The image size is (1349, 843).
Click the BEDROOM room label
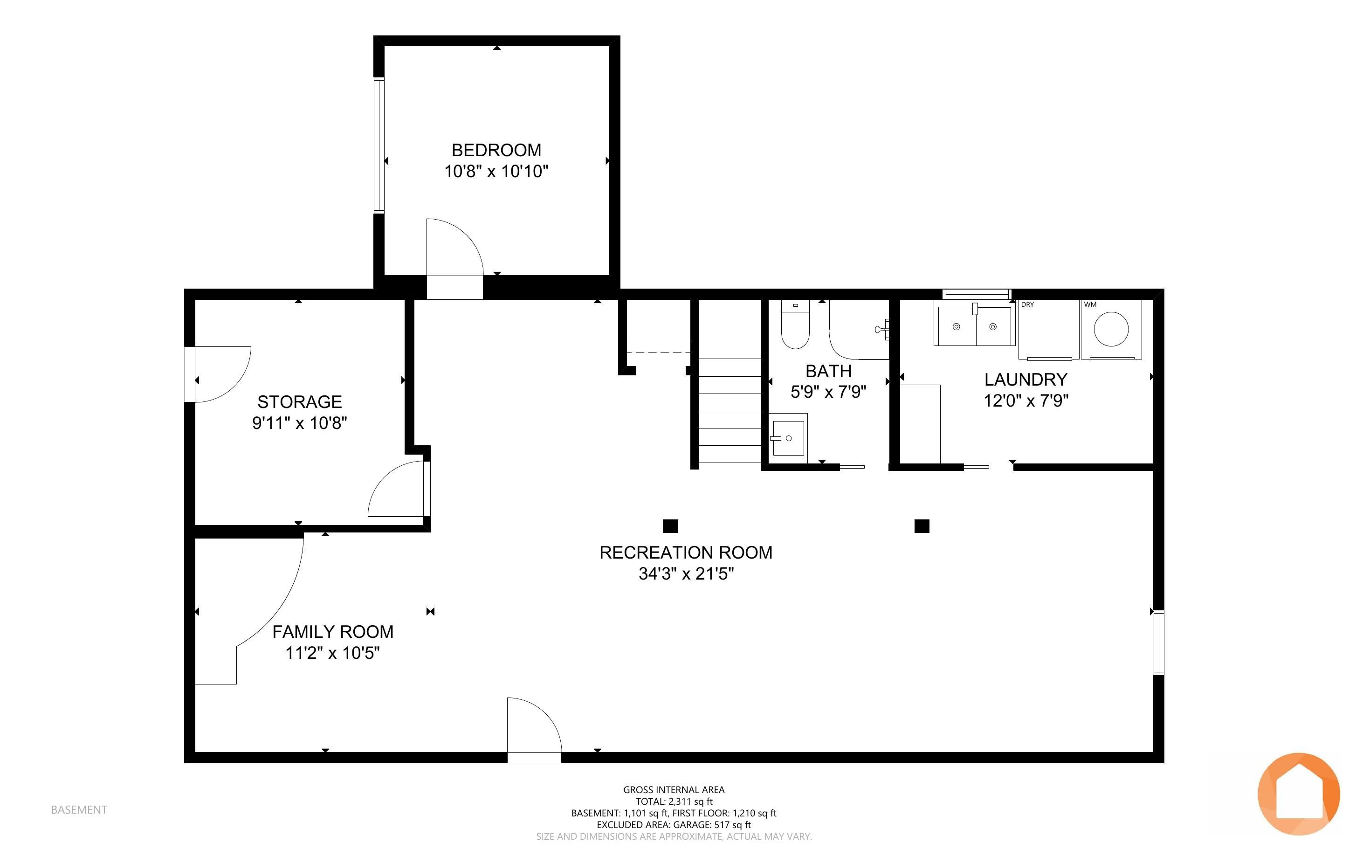tap(496, 150)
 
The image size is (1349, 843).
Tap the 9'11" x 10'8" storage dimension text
tap(300, 423)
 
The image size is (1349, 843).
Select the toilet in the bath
tap(795, 324)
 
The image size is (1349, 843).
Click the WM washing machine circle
tap(1111, 329)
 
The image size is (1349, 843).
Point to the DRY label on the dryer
tap(1027, 304)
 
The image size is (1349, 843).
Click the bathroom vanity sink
tap(788, 438)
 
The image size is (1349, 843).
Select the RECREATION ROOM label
tap(686, 553)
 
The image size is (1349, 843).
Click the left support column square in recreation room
tap(670, 526)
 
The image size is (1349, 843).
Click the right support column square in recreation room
tap(922, 526)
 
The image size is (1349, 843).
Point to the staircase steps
tap(730, 410)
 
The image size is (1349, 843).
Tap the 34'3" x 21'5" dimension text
tap(686, 574)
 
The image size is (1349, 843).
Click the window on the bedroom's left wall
tap(379, 145)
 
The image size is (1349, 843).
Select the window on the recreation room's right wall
tap(1158, 643)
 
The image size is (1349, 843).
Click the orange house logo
tap(1299, 794)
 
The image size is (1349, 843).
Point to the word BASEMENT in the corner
tap(79, 809)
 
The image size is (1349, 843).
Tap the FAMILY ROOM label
tap(333, 632)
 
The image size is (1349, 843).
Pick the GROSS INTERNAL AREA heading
tap(674, 789)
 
